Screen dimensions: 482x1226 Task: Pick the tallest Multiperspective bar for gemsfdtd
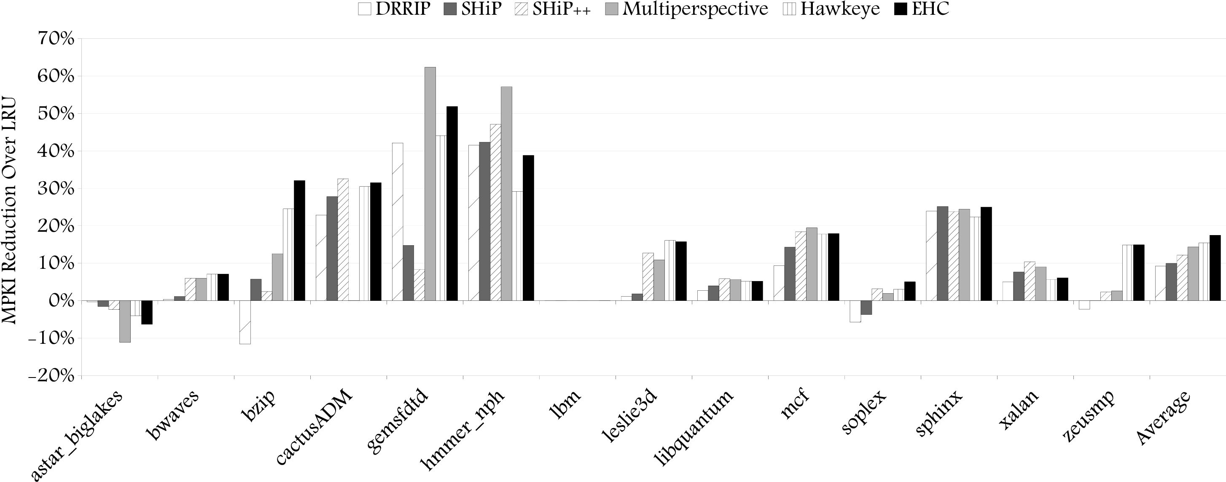pyautogui.click(x=430, y=184)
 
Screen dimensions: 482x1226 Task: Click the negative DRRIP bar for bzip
pyautogui.click(x=245, y=322)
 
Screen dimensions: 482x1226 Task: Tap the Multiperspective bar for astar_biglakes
pyautogui.click(x=125, y=321)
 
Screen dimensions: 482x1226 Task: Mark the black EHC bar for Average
pyautogui.click(x=1215, y=268)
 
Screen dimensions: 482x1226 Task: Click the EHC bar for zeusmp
pyautogui.click(x=1139, y=273)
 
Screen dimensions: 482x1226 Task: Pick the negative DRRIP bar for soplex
pyautogui.click(x=855, y=311)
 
